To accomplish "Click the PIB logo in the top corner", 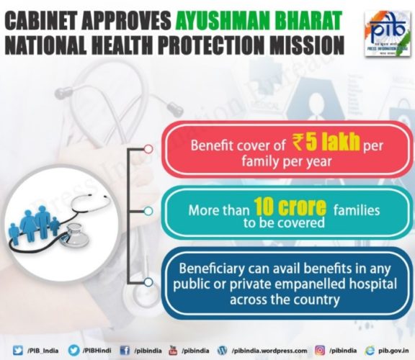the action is click(387, 34).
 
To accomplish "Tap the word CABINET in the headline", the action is click(40, 21).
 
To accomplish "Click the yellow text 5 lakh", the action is click(333, 142).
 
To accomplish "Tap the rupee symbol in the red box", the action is click(298, 142).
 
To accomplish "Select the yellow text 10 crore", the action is click(290, 207).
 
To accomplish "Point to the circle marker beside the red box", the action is click(148, 149).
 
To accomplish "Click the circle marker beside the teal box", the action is click(148, 211).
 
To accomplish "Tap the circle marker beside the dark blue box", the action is click(148, 282).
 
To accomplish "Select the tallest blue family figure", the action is click(43, 222).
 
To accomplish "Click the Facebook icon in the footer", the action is click(125, 351).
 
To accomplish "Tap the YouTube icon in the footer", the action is click(173, 351).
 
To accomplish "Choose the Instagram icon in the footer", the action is click(320, 351).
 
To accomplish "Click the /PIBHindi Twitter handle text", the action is click(97, 351).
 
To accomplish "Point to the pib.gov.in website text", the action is click(393, 351).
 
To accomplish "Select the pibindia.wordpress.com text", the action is click(269, 351).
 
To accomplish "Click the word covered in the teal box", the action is click(300, 222).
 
